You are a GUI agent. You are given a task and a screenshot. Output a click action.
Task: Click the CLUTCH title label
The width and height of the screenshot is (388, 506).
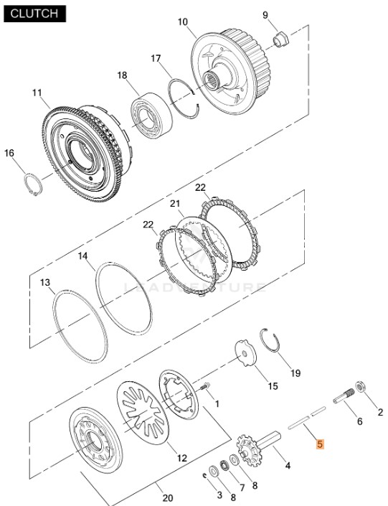click(34, 14)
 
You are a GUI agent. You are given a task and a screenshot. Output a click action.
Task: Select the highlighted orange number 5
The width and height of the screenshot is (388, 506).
click(320, 444)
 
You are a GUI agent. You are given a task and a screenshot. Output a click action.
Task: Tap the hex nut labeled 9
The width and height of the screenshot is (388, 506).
click(281, 39)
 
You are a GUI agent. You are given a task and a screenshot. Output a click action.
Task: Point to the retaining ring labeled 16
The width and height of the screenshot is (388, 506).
click(34, 184)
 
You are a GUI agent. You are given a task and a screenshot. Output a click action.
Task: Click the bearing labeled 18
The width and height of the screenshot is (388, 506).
click(151, 116)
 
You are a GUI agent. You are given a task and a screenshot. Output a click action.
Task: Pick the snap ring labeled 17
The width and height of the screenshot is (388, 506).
click(184, 98)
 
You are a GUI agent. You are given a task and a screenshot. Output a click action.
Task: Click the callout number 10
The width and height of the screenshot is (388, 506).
click(183, 22)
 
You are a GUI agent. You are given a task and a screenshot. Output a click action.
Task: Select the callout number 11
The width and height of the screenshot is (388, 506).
click(37, 93)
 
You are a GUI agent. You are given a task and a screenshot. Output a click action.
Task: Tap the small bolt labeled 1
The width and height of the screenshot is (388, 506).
click(204, 386)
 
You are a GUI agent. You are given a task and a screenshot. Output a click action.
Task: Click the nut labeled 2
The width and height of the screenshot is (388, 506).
click(360, 387)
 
